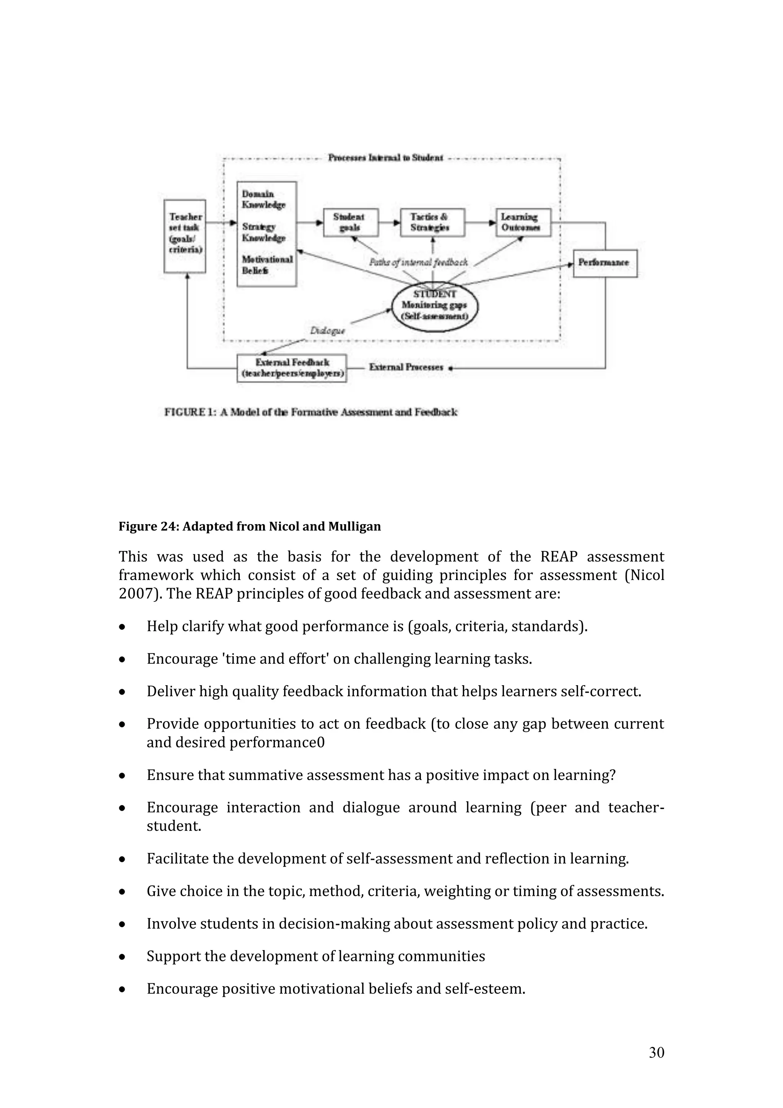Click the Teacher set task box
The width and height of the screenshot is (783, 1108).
(185, 236)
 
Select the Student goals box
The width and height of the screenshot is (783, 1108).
(350, 223)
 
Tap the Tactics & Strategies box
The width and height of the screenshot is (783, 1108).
(432, 223)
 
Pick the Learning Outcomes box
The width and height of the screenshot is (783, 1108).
(523, 223)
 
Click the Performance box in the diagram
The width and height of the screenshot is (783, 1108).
(605, 263)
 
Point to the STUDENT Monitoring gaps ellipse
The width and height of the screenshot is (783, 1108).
(434, 306)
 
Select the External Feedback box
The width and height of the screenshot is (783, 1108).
(292, 368)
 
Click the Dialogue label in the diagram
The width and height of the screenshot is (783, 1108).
(327, 331)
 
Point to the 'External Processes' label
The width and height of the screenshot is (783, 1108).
(406, 367)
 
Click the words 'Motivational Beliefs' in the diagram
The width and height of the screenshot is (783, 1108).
(266, 265)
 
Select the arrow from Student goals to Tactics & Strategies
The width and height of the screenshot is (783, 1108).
(389, 223)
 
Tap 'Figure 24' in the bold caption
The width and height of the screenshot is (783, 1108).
(148, 526)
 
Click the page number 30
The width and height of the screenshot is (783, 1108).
(656, 1053)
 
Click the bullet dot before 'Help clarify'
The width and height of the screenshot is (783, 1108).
(123, 627)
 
